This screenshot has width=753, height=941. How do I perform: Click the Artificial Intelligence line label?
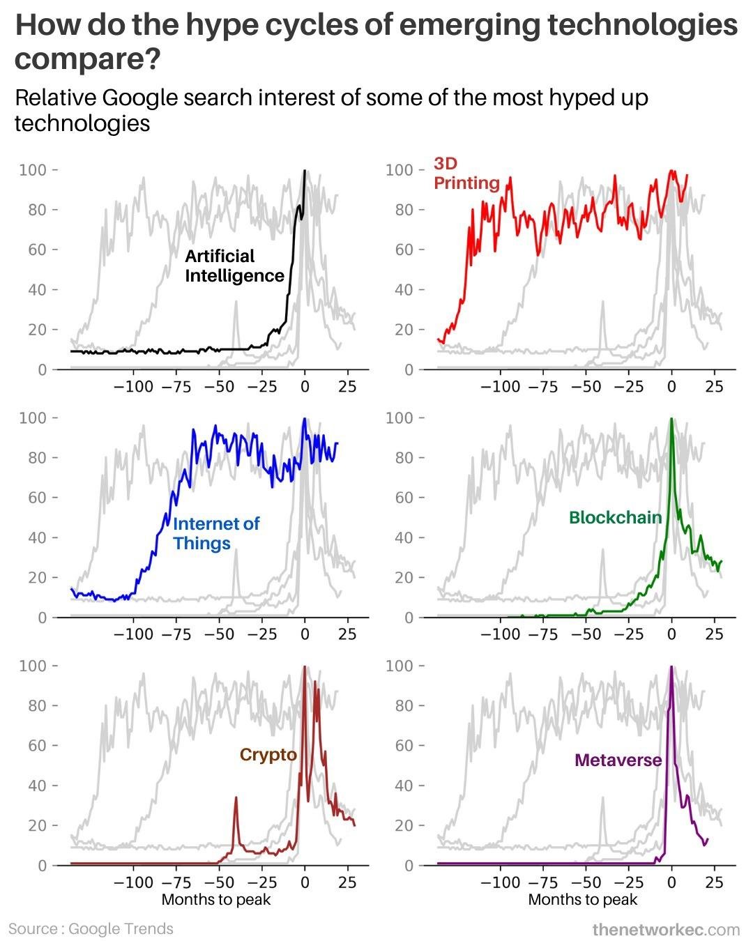coord(234,266)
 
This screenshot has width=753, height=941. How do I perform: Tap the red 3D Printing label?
coord(466,173)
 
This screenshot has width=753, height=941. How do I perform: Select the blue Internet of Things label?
coord(215,533)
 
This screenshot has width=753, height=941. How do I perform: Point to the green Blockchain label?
coord(615,517)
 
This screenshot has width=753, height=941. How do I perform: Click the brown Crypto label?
coord(268,755)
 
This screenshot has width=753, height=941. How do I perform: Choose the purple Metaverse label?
coord(618,760)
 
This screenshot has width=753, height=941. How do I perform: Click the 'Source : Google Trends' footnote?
coord(91,928)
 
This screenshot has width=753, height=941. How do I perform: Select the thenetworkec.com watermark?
coord(665,929)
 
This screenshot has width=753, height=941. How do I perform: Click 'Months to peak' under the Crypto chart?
coord(216,899)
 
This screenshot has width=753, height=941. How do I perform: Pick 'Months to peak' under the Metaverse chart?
coord(583,899)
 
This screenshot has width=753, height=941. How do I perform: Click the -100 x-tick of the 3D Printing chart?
coord(500,386)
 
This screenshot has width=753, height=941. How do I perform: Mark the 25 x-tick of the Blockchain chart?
coord(715,634)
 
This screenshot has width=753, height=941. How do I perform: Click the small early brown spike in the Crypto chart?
coord(236,798)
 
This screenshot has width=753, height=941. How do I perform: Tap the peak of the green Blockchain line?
coord(671,419)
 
